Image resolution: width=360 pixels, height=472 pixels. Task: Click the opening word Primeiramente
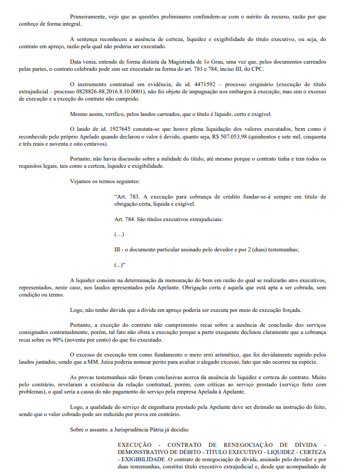pyautogui.click(x=88, y=16)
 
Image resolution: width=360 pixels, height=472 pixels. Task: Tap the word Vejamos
pyautogui.click(x=82, y=182)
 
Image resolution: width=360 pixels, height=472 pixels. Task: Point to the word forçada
pyautogui.click(x=291, y=309)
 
